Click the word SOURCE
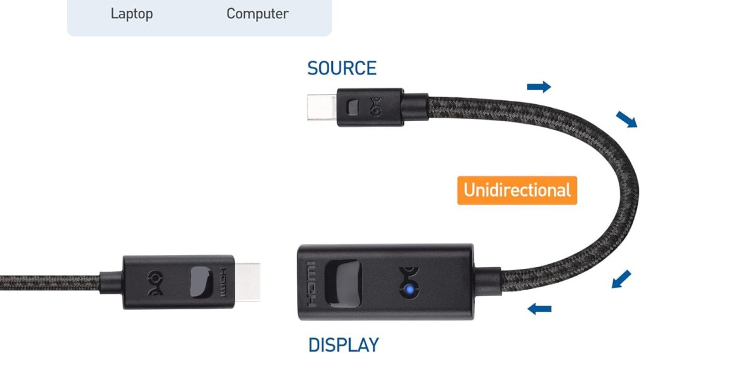point(341,68)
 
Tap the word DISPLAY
point(343,346)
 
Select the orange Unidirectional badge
point(517,191)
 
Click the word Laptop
point(131,13)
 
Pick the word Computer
point(257,13)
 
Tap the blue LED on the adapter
point(409,290)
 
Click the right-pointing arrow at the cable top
point(539,86)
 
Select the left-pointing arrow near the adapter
point(539,309)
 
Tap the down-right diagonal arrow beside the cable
point(626,119)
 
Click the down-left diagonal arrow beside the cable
point(621,278)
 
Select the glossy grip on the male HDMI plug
point(200,281)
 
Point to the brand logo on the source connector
point(378,105)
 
